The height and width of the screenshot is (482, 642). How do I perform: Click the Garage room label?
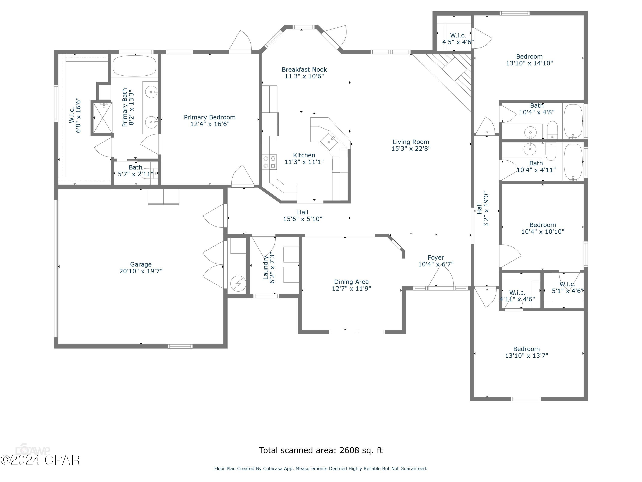141,264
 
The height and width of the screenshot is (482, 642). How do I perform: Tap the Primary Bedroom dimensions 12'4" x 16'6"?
210,124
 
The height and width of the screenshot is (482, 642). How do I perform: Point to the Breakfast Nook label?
304,70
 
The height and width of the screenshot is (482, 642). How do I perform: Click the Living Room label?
411,142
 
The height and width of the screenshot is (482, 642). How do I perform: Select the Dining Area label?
351,282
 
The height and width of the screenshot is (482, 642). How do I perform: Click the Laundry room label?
265,267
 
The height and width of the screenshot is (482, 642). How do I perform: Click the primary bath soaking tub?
134,66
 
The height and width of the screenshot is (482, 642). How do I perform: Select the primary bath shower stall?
102,118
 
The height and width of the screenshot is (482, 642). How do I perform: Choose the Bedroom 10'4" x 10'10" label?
542,225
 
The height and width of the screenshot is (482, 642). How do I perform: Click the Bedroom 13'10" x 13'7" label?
526,349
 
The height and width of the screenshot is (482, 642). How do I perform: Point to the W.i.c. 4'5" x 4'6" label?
458,35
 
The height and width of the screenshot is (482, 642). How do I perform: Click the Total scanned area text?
321,450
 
